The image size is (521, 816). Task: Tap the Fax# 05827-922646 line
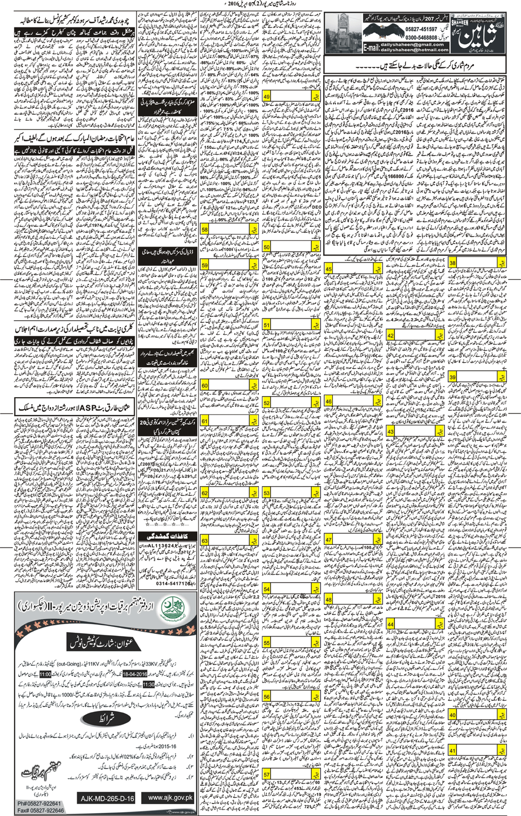[x=40, y=810]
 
